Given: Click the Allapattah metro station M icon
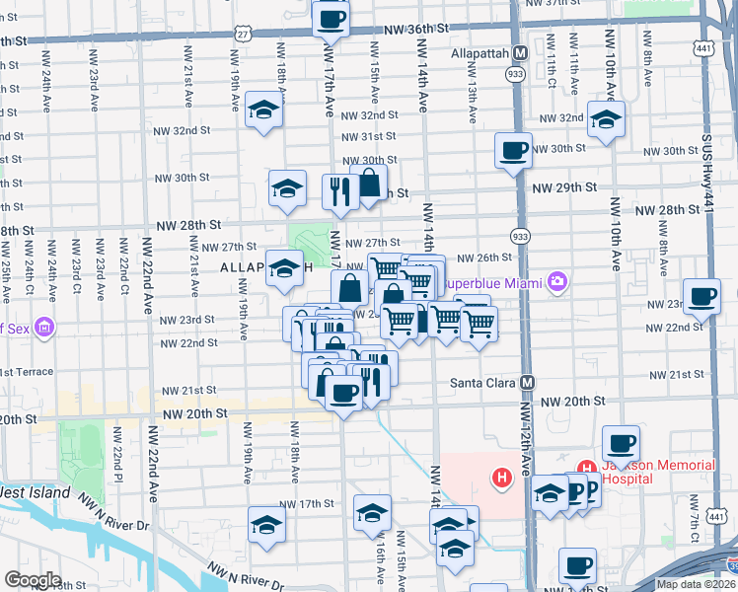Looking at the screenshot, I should pos(520,52).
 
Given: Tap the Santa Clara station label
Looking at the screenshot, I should pos(482,382).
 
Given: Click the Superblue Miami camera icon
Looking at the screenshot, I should pos(558,283).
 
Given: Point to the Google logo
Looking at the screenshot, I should pos(33,579).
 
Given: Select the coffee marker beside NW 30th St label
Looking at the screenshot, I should pos(513,150).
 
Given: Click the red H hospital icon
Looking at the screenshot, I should pos(502,480).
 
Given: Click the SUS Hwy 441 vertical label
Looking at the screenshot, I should pos(707,167).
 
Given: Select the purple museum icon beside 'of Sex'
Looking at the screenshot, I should pos(43,327).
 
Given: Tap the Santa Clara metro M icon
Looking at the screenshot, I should pos(528,382).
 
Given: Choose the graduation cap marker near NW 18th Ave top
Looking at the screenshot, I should pos(264,111).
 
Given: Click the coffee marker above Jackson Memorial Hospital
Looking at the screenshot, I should pos(621,443).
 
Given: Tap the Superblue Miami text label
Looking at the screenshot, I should pos(493,283).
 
